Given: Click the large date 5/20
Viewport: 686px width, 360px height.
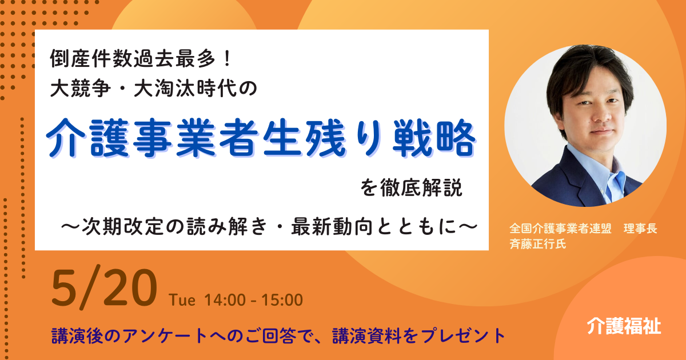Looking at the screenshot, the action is [104, 289].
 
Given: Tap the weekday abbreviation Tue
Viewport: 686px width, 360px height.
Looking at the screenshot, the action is [182, 300].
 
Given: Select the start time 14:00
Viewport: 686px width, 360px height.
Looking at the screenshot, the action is [225, 300].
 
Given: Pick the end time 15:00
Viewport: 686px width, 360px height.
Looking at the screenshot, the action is [282, 300].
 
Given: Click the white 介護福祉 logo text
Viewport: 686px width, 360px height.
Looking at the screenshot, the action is [624, 326].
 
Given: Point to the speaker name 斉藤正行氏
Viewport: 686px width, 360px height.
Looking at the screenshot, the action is [538, 244].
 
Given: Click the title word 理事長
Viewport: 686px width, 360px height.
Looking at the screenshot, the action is [640, 229].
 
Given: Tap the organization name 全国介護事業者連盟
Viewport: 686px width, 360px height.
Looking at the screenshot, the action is [560, 229].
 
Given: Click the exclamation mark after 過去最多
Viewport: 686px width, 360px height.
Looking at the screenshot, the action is [227, 58].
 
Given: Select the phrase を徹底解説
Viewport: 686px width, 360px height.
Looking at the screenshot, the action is [411, 188].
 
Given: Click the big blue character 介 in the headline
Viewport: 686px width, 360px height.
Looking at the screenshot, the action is [65, 138].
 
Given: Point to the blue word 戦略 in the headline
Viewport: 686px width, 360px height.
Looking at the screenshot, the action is [434, 138].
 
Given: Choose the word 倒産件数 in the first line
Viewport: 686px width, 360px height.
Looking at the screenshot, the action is [91, 58].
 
